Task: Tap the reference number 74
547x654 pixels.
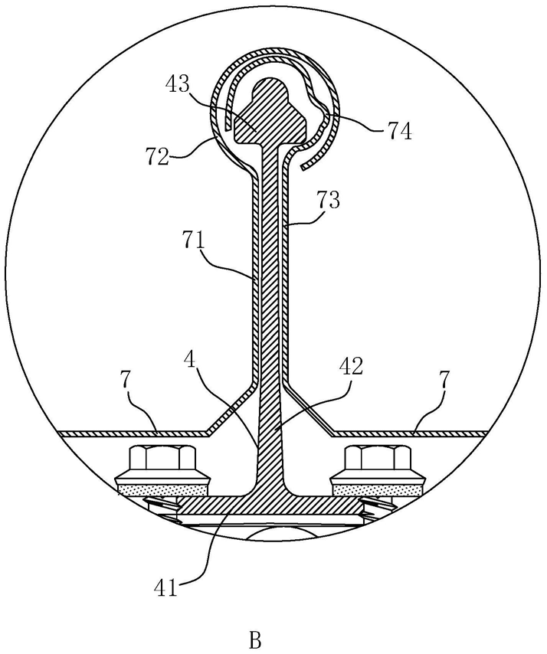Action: coord(398,132)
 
